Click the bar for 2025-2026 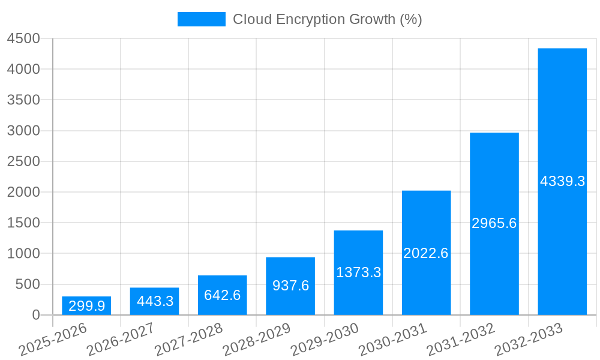click(x=86, y=305)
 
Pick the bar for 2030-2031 click(x=426, y=253)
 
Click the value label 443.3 click(x=155, y=301)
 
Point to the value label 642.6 click(x=223, y=295)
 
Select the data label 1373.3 click(x=358, y=272)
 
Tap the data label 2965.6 click(x=494, y=223)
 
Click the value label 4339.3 click(x=562, y=181)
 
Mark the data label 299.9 click(x=86, y=306)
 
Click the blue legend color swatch click(x=201, y=19)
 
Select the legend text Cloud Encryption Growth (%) click(x=328, y=19)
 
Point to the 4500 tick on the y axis click(x=23, y=38)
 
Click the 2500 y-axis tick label click(x=23, y=161)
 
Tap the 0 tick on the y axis click(x=35, y=315)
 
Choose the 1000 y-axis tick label click(x=23, y=254)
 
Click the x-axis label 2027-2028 click(x=188, y=340)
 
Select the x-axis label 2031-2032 click(x=461, y=340)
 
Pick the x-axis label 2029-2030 click(x=325, y=340)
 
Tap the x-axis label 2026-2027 click(x=121, y=340)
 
